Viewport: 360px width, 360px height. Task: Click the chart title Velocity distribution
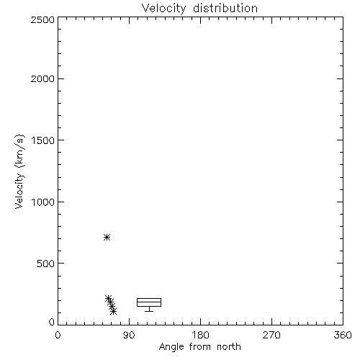[x=199, y=8]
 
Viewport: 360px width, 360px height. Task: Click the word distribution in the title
[x=225, y=8]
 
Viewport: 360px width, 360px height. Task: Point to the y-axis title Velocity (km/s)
[x=19, y=171]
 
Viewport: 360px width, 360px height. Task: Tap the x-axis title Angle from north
[x=199, y=346]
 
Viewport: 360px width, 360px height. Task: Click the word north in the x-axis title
[x=229, y=346]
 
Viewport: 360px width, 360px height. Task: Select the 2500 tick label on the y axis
[x=42, y=19]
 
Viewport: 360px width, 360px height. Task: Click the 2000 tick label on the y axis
[x=42, y=78]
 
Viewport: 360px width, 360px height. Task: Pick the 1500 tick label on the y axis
[x=43, y=140]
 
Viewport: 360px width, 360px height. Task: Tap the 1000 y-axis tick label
[x=43, y=202]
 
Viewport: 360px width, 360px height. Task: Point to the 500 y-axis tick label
[x=46, y=264]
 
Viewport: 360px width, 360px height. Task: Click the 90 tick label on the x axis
[x=129, y=335]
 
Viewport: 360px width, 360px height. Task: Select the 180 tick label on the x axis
[x=200, y=335]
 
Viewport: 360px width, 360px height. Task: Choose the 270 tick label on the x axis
[x=271, y=335]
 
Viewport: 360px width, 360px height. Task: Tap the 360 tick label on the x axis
[x=343, y=335]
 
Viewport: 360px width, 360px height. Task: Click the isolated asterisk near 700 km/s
[x=107, y=238]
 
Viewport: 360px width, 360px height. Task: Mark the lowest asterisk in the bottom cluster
[x=114, y=311]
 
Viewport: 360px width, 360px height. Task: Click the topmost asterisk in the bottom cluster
[x=109, y=299]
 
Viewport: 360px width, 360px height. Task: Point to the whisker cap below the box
[x=149, y=311]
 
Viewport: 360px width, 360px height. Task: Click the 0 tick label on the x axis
[x=58, y=335]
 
